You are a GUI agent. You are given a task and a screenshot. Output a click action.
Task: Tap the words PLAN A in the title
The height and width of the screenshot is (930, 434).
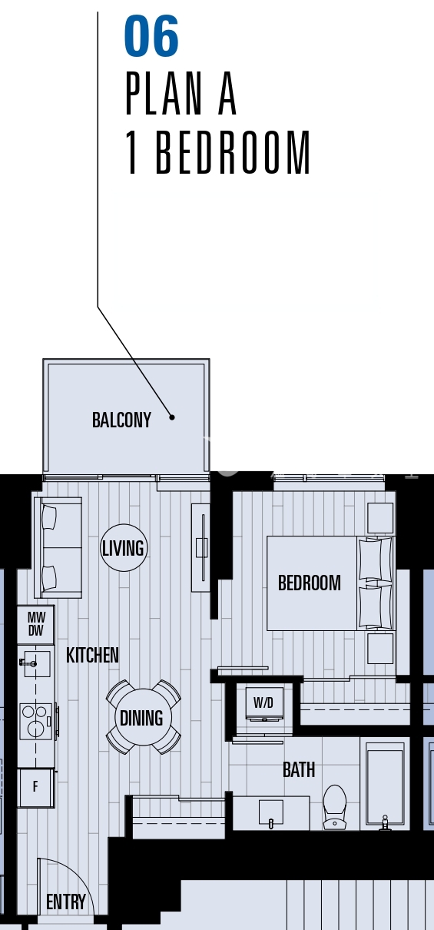coord(181,94)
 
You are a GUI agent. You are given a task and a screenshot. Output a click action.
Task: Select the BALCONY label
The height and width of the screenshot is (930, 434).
coord(121,420)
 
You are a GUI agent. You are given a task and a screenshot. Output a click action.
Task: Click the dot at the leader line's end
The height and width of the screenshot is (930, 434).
coord(172,417)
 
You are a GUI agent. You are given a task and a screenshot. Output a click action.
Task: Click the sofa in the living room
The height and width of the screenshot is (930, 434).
coord(58,547)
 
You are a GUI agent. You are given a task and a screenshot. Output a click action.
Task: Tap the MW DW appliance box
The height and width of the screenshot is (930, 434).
coord(35,624)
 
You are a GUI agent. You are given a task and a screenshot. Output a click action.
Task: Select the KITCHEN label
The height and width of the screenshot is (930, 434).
coord(92,655)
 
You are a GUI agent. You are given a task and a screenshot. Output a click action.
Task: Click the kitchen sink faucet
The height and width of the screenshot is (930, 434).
coord(28,663)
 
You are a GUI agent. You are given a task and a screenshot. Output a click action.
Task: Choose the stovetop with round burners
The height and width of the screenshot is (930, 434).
coord(37,721)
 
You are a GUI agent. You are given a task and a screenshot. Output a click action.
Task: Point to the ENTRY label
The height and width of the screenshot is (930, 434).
coord(66,902)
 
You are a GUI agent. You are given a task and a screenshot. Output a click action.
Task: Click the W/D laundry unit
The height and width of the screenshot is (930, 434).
coord(264,703)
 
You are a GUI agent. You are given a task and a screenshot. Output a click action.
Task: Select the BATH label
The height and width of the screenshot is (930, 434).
coord(299,769)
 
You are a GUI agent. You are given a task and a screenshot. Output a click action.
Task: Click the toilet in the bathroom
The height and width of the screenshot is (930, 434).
coord(334,807)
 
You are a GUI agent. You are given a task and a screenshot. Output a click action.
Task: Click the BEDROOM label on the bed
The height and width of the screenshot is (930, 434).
coord(310,583)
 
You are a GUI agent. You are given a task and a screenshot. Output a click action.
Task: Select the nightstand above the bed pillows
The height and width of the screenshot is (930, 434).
coord(380,517)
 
